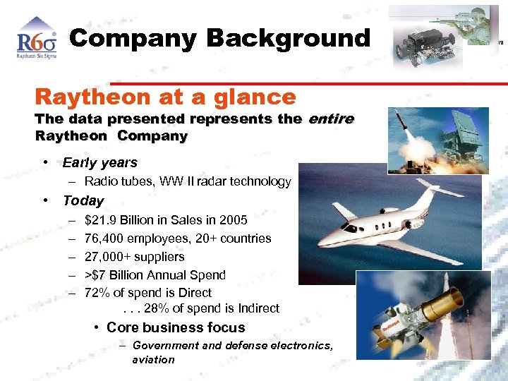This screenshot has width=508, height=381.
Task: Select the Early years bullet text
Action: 100,163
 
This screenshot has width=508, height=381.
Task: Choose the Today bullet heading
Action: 83,200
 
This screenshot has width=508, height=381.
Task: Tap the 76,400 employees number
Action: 103,238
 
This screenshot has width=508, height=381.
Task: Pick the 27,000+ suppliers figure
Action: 107,257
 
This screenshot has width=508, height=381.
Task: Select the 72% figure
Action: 97,293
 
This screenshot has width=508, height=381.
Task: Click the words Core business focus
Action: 176,327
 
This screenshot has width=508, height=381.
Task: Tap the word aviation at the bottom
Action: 153,359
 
